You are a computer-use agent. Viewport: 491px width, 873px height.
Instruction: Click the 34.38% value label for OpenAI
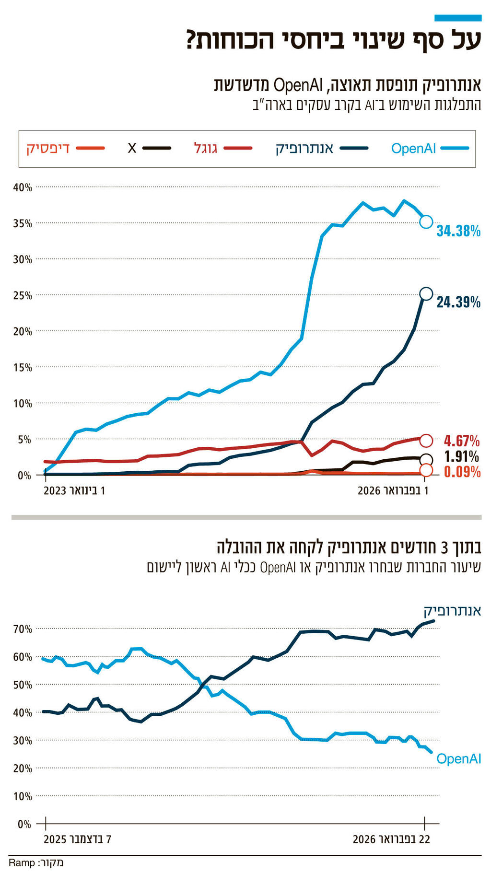(458, 231)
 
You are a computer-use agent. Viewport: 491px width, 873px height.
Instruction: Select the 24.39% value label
(458, 302)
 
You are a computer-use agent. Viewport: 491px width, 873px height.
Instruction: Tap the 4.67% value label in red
(461, 440)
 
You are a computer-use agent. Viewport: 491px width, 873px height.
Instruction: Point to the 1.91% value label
(461, 456)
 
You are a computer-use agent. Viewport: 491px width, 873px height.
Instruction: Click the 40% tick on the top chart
(23, 187)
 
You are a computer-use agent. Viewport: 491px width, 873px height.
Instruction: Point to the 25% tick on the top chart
(23, 295)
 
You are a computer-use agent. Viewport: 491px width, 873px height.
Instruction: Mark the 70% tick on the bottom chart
(23, 629)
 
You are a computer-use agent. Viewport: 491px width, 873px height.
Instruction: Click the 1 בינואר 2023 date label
(74, 491)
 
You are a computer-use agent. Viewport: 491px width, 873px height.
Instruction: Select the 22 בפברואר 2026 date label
(391, 839)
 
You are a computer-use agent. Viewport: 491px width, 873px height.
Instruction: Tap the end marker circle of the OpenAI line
(426, 221)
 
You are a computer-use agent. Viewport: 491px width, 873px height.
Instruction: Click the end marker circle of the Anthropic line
(426, 294)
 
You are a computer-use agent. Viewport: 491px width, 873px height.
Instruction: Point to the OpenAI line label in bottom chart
(459, 759)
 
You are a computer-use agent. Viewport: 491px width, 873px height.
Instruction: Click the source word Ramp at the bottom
(22, 863)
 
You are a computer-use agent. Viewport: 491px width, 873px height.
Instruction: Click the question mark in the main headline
(191, 40)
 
